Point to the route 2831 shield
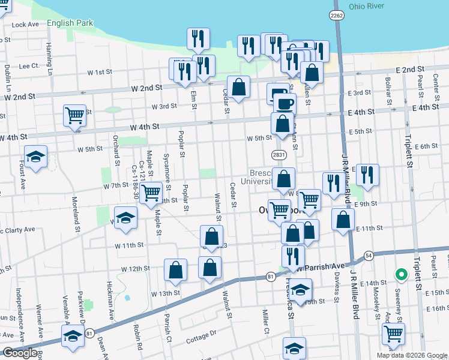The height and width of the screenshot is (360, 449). (277, 155)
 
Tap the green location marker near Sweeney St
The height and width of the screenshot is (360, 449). (401, 275)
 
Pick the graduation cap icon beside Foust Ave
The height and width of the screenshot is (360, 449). (36, 157)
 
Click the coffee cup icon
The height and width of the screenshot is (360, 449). (285, 104)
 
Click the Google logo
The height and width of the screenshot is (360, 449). (19, 353)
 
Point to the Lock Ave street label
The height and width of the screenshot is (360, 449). (25, 25)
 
